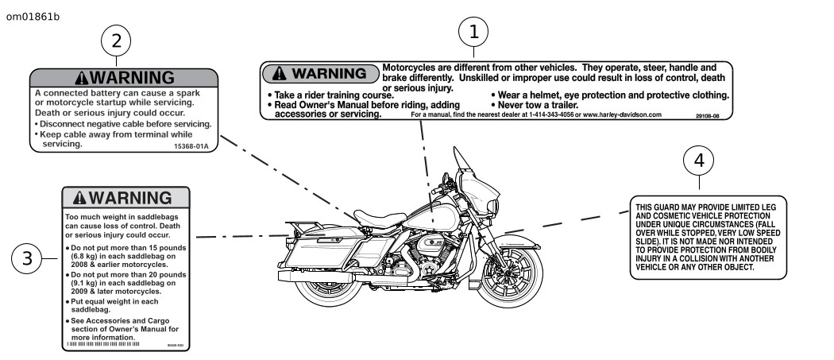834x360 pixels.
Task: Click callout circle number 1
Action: coord(474,33)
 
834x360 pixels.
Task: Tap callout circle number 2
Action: coord(117,41)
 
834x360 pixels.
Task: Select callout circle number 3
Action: coord(28,259)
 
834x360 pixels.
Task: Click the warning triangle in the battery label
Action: coord(81,78)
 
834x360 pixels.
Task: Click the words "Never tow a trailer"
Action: coord(536,105)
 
